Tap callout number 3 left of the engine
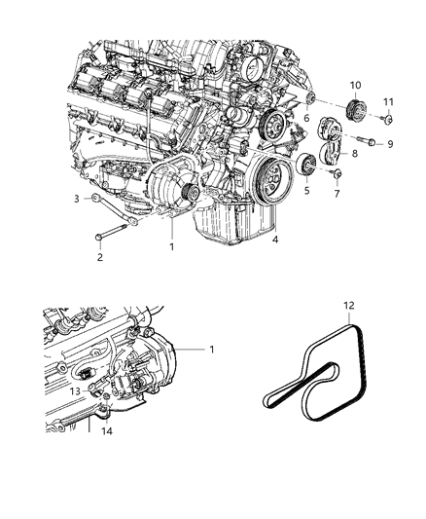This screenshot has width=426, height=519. [76, 199]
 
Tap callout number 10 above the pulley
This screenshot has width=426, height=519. [355, 86]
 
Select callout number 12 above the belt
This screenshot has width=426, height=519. [348, 306]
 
